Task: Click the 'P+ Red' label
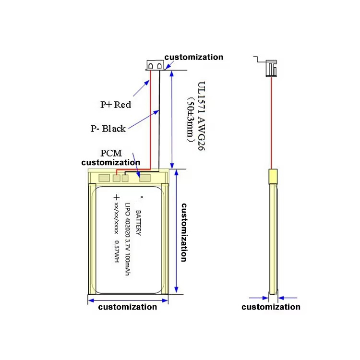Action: (116, 105)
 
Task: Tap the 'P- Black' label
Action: (108, 129)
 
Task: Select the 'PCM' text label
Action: (111, 153)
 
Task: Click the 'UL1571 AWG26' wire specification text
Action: (201, 116)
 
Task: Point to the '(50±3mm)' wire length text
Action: (191, 120)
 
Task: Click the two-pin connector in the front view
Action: (155, 65)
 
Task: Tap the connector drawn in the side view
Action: (271, 68)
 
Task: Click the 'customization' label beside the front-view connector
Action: (194, 57)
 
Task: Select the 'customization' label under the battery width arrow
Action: (127, 307)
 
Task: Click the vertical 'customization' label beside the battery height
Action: (184, 232)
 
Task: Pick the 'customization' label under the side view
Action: (271, 307)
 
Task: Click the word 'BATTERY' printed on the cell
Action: (138, 223)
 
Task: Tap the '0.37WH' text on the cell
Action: (117, 252)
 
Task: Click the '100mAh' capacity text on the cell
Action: (128, 264)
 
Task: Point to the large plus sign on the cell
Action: (117, 197)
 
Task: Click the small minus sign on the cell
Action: (142, 197)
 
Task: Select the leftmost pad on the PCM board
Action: (104, 178)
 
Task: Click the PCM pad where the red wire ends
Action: (117, 178)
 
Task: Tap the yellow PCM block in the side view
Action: (273, 176)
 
